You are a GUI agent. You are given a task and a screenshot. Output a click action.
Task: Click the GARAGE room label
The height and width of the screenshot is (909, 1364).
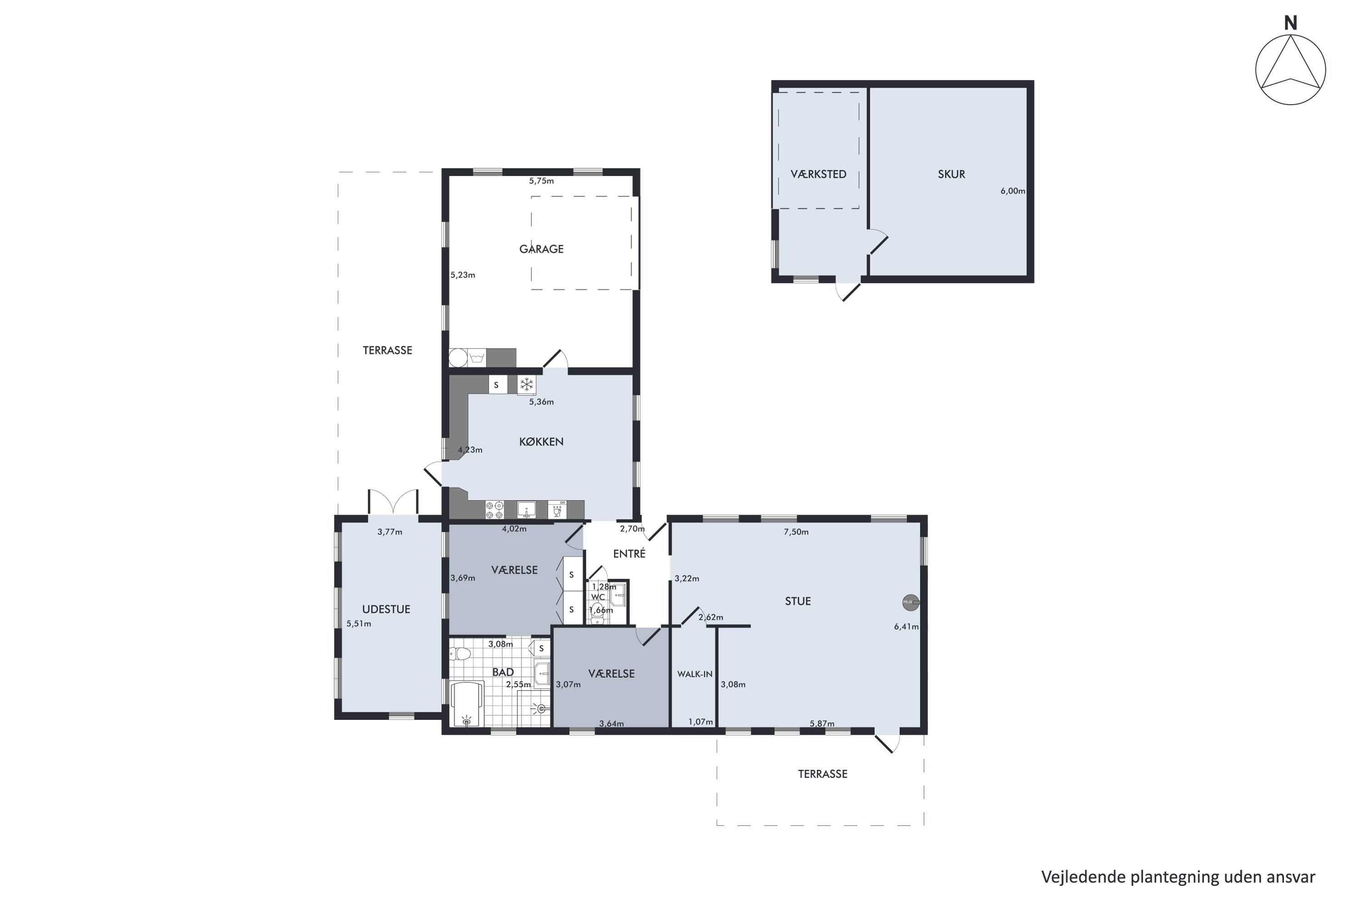pyautogui.click(x=541, y=249)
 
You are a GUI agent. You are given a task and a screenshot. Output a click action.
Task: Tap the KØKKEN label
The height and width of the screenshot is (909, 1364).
pyautogui.click(x=541, y=442)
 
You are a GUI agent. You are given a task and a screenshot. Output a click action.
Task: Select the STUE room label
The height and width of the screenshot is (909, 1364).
pyautogui.click(x=797, y=601)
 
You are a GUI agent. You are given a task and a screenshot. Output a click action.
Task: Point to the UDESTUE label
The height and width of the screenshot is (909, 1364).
pyautogui.click(x=386, y=609)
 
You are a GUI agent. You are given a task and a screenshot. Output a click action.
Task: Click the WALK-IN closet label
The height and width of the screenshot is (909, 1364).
pyautogui.click(x=695, y=674)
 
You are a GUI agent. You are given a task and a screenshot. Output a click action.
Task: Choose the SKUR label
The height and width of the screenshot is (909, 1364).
pyautogui.click(x=952, y=174)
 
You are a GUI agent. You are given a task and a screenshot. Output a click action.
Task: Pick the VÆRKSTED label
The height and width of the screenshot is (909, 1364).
pyautogui.click(x=818, y=174)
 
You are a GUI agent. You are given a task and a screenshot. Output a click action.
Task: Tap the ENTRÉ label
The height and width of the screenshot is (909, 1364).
pyautogui.click(x=629, y=554)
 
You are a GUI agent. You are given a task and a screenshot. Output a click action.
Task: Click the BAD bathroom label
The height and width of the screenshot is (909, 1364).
pyautogui.click(x=503, y=672)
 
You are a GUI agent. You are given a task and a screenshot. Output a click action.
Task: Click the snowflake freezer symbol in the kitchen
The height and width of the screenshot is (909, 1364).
pyautogui.click(x=527, y=385)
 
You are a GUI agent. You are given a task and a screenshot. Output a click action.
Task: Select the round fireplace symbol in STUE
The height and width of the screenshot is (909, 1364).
pyautogui.click(x=911, y=603)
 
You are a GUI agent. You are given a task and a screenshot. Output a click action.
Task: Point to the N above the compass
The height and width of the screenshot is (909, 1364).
pyautogui.click(x=1290, y=23)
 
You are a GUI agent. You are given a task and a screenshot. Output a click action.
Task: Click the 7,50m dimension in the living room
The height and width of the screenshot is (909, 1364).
pyautogui.click(x=796, y=532)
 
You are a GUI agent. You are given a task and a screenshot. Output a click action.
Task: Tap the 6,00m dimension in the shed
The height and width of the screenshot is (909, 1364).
pyautogui.click(x=1013, y=191)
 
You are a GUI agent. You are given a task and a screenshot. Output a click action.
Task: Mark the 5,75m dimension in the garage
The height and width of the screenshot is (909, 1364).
pyautogui.click(x=541, y=181)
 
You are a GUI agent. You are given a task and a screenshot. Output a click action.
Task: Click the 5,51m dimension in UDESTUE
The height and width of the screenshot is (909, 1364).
pyautogui.click(x=358, y=624)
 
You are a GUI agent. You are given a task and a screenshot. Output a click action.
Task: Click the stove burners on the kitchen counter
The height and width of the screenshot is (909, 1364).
pyautogui.click(x=495, y=509)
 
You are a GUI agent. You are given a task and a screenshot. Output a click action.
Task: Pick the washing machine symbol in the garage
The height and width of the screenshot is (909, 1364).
pyautogui.click(x=476, y=358)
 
